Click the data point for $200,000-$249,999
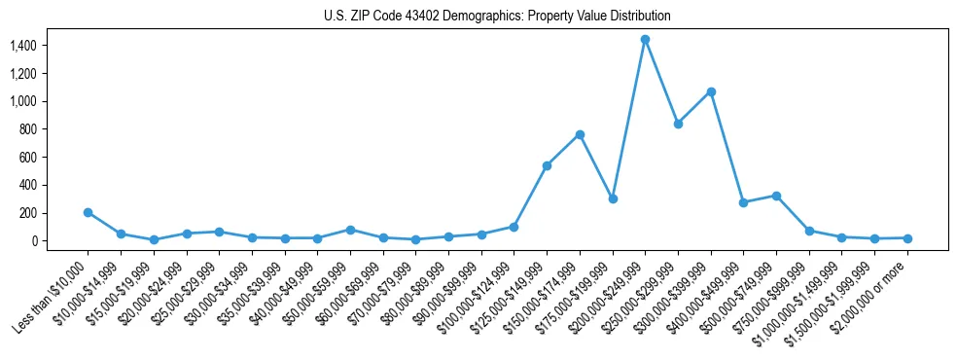click(645, 40)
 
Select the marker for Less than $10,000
click(89, 212)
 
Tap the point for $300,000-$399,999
click(711, 91)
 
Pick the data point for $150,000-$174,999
click(580, 134)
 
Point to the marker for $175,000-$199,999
click(613, 198)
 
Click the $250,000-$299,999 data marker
click(678, 124)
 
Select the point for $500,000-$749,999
click(776, 196)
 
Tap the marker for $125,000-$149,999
click(547, 165)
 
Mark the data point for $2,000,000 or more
click(907, 238)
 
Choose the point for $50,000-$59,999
click(350, 230)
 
